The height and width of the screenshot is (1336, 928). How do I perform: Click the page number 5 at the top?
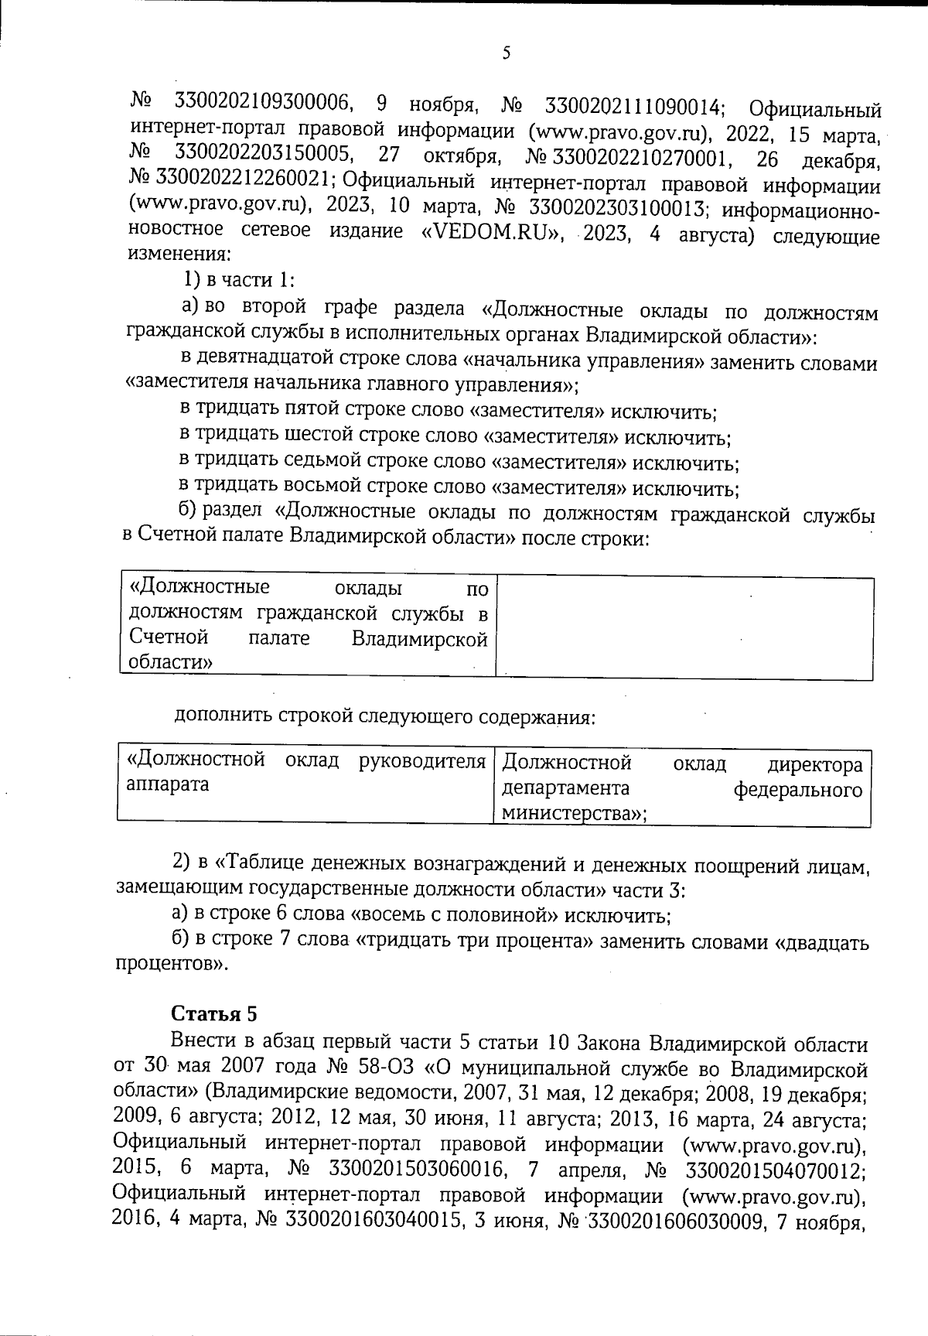coord(507,53)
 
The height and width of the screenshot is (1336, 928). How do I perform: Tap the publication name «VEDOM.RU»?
coord(494,232)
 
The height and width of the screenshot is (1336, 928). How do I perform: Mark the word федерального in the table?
coord(797,790)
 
